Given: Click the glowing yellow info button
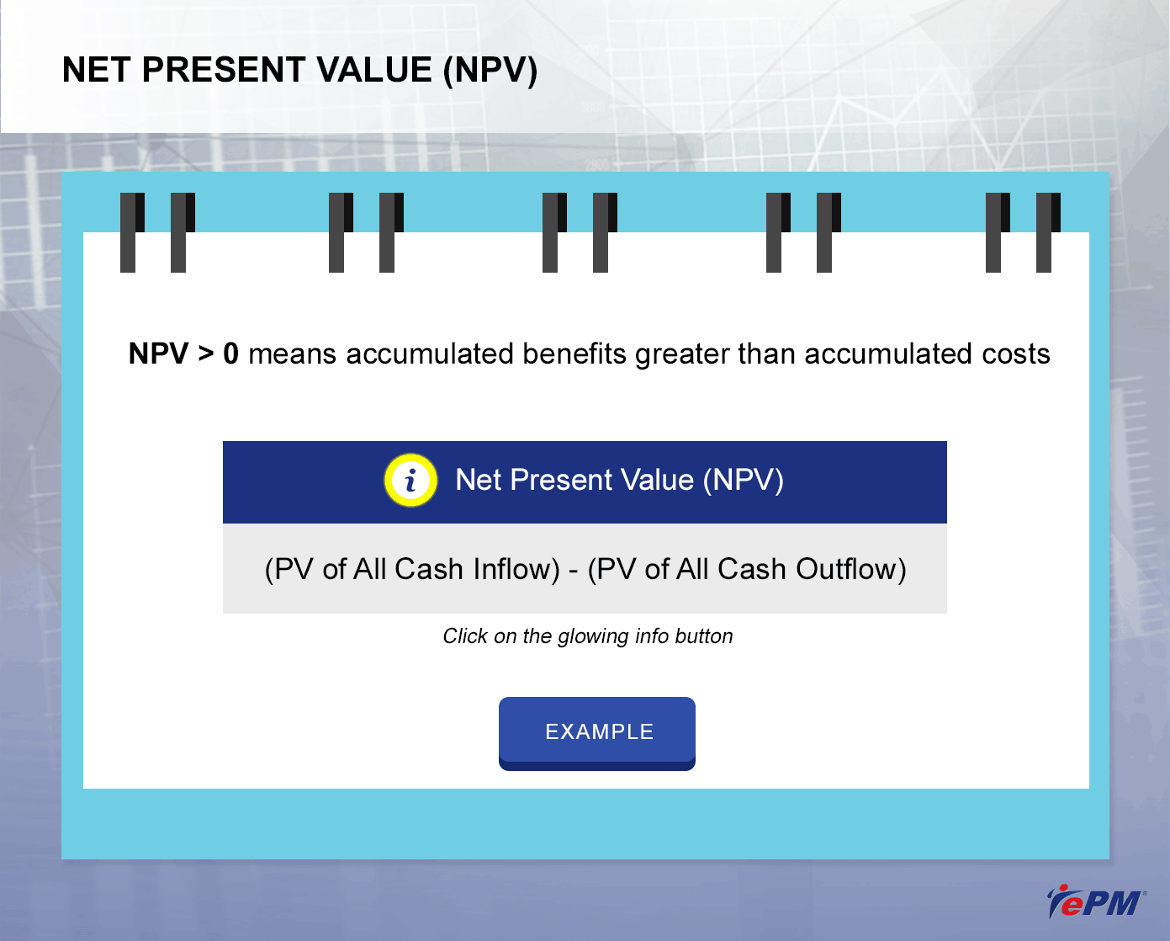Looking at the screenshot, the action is point(410,480).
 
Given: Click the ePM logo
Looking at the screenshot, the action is point(1096,902).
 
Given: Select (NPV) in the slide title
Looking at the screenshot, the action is point(490,71).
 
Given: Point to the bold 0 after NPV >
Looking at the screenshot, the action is point(231,354).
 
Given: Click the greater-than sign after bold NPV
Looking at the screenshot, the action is point(205,354).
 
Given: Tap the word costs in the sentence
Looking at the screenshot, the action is point(1015,354).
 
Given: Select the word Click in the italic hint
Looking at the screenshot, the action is point(465,635).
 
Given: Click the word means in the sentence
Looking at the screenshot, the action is point(293,354).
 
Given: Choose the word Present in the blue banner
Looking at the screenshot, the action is point(562,480).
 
